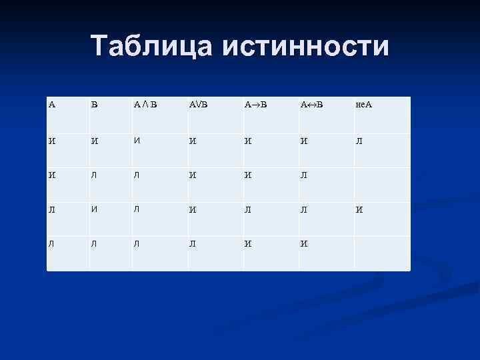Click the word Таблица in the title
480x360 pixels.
pyautogui.click(x=152, y=46)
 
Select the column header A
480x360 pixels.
pyautogui.click(x=52, y=105)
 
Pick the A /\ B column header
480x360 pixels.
pyautogui.click(x=145, y=105)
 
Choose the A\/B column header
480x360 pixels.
pyautogui.click(x=199, y=105)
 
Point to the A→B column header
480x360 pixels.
pyautogui.click(x=256, y=105)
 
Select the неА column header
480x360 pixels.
pyautogui.click(x=364, y=105)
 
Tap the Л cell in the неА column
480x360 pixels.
pyautogui.click(x=359, y=142)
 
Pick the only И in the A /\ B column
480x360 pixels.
pyautogui.click(x=137, y=141)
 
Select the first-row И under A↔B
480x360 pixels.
pyautogui.click(x=304, y=142)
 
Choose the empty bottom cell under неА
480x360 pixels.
pyautogui.click(x=381, y=253)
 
